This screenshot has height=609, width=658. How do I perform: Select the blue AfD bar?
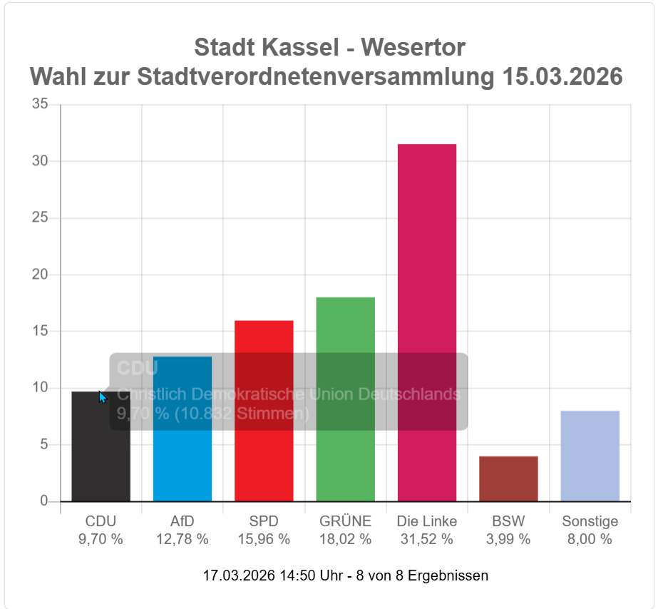point(183,464)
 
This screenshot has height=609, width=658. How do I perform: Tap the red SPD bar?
point(264,456)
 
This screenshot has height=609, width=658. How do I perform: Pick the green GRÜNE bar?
point(345,456)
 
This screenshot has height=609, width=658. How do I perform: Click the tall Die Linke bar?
point(427,285)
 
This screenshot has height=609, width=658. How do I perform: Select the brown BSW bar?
point(508,478)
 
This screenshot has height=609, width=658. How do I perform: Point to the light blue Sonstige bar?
point(590,456)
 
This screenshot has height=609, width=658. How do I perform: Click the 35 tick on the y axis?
point(41,105)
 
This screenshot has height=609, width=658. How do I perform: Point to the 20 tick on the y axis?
point(41,275)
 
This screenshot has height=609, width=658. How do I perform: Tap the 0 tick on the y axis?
point(44,501)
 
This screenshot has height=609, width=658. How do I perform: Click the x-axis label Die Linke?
point(426,521)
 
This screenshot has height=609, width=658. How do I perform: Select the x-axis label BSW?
point(508,521)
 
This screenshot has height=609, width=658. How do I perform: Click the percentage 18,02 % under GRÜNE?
point(345,539)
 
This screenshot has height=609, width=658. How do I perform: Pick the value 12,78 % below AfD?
point(183,539)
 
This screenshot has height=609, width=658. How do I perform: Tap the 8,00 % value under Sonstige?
point(590,539)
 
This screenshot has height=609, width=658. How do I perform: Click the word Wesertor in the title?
point(413,48)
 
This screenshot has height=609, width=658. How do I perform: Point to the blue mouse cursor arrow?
point(102,397)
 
